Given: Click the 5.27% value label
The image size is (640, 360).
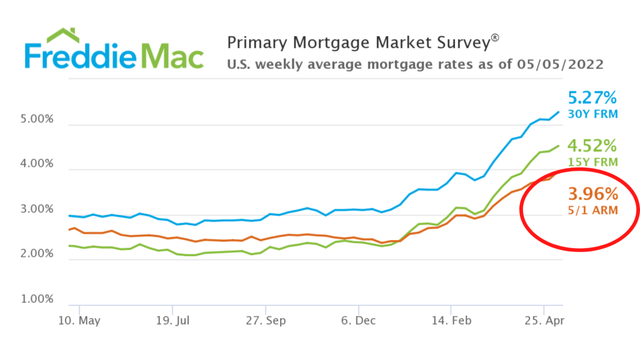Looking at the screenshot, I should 592,98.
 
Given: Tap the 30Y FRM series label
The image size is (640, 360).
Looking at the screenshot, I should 592,114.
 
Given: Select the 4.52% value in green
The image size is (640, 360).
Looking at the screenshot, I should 592,146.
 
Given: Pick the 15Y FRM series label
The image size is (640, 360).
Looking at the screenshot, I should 592,162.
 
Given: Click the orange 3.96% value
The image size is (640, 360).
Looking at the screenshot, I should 592,193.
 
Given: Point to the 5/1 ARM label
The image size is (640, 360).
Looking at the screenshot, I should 592,210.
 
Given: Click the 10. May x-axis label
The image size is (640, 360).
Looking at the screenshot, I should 80,320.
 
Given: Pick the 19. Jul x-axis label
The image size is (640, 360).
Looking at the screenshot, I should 173,320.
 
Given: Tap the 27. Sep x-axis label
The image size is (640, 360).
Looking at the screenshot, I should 266,320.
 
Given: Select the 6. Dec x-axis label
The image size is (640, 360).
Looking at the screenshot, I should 359,320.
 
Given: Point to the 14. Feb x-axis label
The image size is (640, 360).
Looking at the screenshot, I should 452,320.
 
